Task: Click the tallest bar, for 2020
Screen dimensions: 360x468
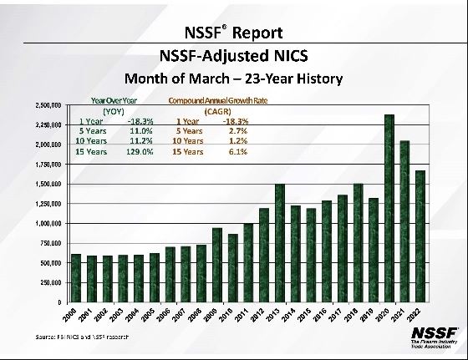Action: tap(389, 208)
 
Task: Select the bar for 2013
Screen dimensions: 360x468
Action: tap(280, 242)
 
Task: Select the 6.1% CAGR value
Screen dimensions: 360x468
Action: tap(238, 151)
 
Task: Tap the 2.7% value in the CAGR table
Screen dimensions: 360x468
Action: tap(238, 131)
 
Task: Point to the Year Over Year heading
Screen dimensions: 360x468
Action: tap(113, 100)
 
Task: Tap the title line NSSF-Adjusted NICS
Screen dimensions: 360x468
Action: tap(233, 56)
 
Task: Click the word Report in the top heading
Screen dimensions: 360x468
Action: tap(259, 33)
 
